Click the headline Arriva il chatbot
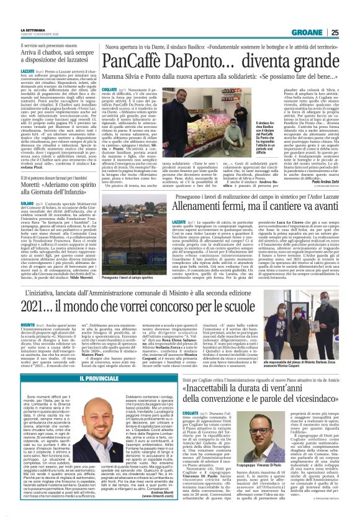(x=60, y=40)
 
